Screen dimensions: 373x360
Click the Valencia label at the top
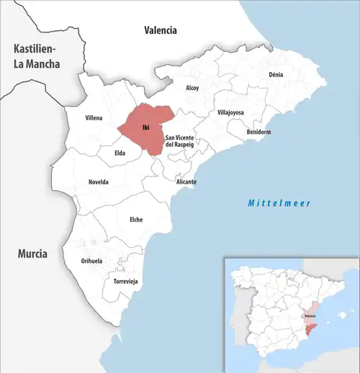pos(160,30)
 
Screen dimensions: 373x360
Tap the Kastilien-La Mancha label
pos(34,55)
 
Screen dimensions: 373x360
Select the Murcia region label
pos(33,254)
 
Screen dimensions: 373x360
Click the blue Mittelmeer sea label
pos(279,204)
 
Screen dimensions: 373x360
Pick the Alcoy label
pos(192,88)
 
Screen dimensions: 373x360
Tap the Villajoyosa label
pos(231,113)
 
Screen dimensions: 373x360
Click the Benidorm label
pos(258,132)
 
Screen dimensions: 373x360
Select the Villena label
pos(94,117)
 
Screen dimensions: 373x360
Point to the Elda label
pos(120,153)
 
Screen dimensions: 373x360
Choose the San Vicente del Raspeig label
pos(180,141)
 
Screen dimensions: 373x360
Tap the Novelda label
pos(98,182)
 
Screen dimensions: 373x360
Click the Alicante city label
pos(186,182)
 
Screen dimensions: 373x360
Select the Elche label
pos(135,219)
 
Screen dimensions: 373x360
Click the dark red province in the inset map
pos(310,329)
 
